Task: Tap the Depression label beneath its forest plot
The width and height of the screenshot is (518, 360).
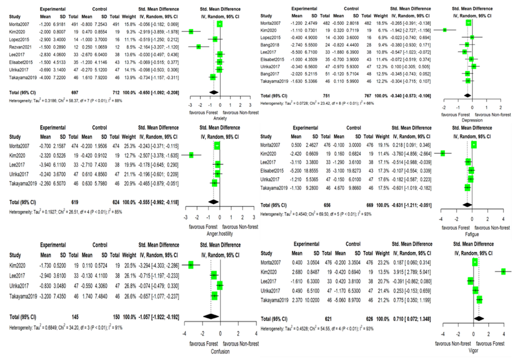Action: tap(472, 121)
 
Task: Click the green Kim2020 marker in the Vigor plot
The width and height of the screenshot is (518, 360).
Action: tap(504, 272)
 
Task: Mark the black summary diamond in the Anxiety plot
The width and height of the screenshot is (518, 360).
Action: tap(213, 92)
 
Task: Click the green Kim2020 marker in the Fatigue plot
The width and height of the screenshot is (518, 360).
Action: tap(443, 153)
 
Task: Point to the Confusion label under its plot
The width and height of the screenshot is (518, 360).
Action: tap(219, 351)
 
